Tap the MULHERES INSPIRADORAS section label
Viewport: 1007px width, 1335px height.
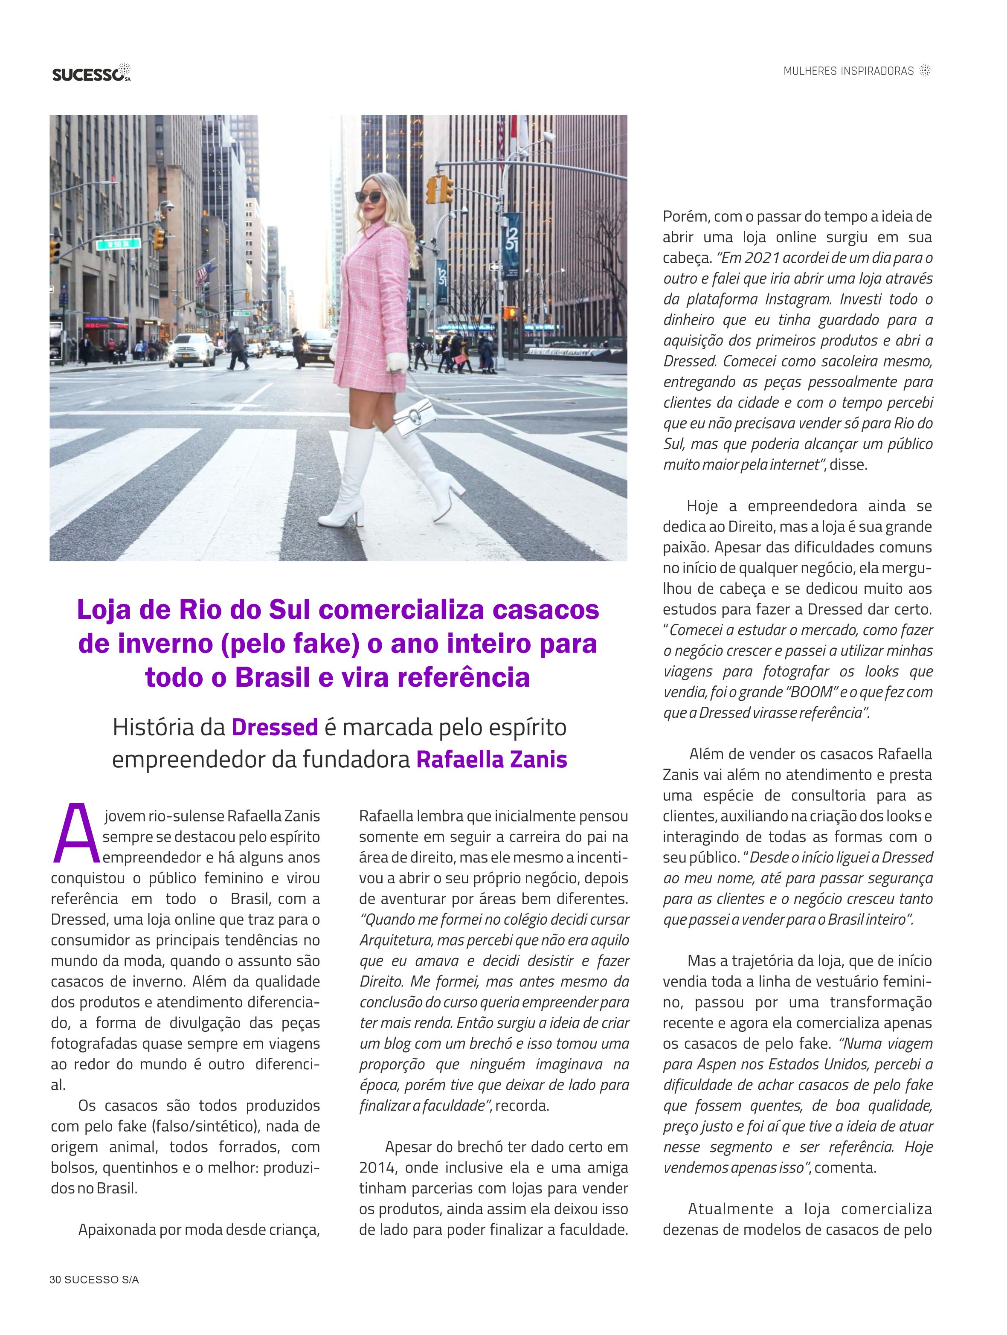(848, 71)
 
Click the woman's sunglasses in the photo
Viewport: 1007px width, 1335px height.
(368, 196)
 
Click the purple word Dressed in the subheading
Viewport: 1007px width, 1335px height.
(275, 727)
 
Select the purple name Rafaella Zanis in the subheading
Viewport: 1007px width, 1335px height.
(492, 759)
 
